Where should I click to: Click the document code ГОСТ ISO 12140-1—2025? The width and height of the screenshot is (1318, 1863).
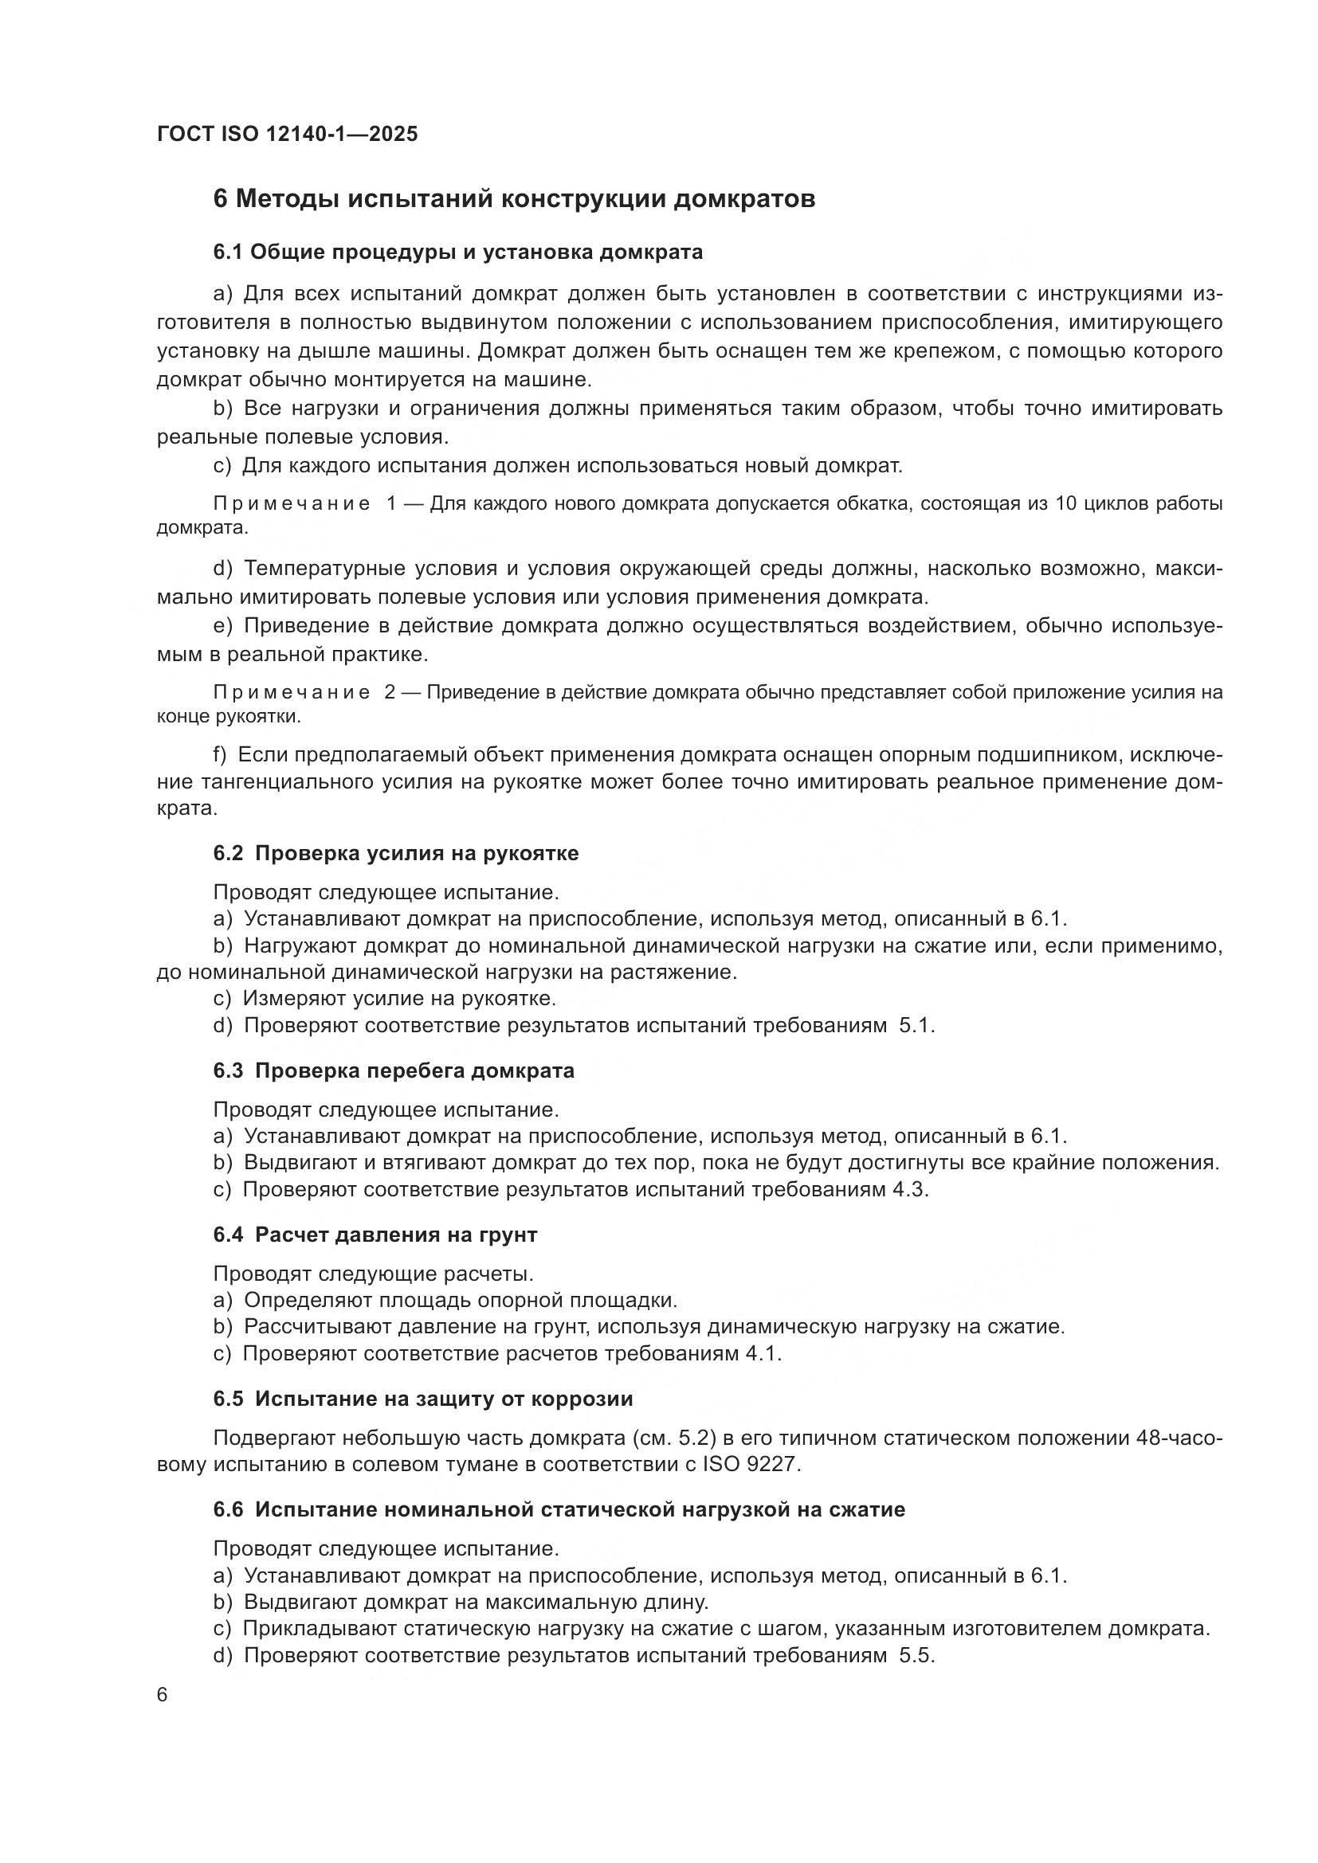click(288, 134)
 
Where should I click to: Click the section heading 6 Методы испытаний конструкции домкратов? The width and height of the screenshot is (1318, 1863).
click(514, 199)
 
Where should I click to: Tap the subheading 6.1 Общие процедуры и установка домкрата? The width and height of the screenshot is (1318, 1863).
click(457, 252)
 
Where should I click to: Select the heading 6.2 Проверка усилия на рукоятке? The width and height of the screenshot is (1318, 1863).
click(395, 854)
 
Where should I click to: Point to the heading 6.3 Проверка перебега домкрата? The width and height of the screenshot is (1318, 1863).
click(394, 1070)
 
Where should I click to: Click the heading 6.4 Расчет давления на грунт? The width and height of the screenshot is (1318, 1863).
click(375, 1235)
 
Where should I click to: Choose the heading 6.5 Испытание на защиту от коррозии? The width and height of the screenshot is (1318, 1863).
click(423, 1399)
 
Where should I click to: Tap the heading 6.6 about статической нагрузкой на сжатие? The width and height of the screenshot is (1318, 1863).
click(559, 1510)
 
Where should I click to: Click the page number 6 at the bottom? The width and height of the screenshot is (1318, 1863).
click(163, 1696)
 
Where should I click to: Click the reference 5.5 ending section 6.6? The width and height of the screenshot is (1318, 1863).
click(916, 1656)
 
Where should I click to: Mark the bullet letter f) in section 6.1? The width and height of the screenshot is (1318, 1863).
click(220, 755)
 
